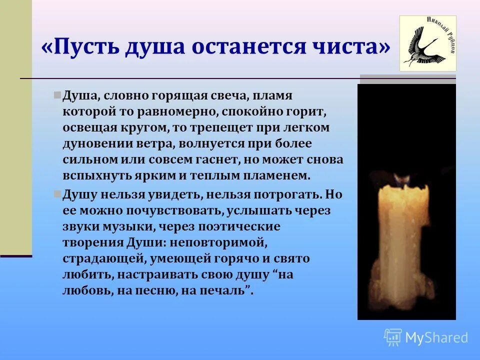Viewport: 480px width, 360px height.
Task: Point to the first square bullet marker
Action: [57, 94]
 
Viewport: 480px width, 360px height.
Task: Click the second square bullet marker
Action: [57, 193]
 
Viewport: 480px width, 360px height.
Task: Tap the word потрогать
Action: [285, 194]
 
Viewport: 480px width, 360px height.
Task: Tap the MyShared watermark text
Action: [436, 338]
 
